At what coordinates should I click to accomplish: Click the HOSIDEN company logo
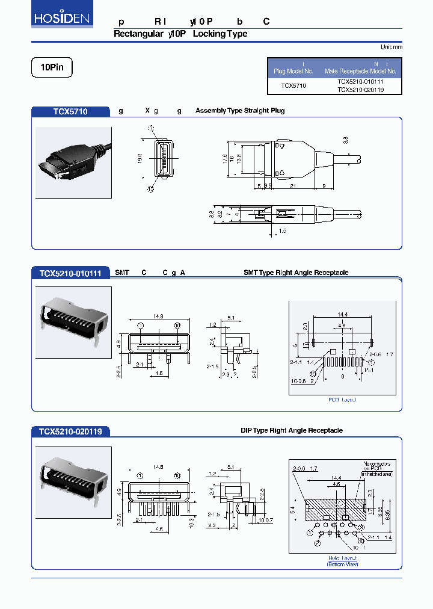click(x=61, y=19)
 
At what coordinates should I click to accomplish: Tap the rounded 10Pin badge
click(x=52, y=67)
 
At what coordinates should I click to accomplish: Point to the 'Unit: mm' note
click(x=391, y=47)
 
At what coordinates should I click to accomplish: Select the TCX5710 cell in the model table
click(x=294, y=86)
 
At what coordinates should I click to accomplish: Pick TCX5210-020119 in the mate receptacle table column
click(x=360, y=90)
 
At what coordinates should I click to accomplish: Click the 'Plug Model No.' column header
click(x=294, y=71)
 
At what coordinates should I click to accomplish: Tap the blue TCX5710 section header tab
click(x=70, y=111)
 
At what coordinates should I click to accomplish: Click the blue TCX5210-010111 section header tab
click(x=70, y=273)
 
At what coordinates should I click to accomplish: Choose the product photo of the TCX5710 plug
click(x=73, y=162)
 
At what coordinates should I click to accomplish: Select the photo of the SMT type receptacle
click(x=73, y=323)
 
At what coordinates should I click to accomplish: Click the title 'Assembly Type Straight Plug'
click(x=240, y=111)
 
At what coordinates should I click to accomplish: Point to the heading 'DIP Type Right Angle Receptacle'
click(x=292, y=431)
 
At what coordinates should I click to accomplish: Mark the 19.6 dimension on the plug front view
click(x=140, y=158)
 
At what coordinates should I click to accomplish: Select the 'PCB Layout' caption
click(x=342, y=400)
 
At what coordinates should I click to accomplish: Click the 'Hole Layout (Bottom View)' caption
click(x=342, y=561)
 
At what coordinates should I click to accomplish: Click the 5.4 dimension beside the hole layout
click(x=293, y=510)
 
